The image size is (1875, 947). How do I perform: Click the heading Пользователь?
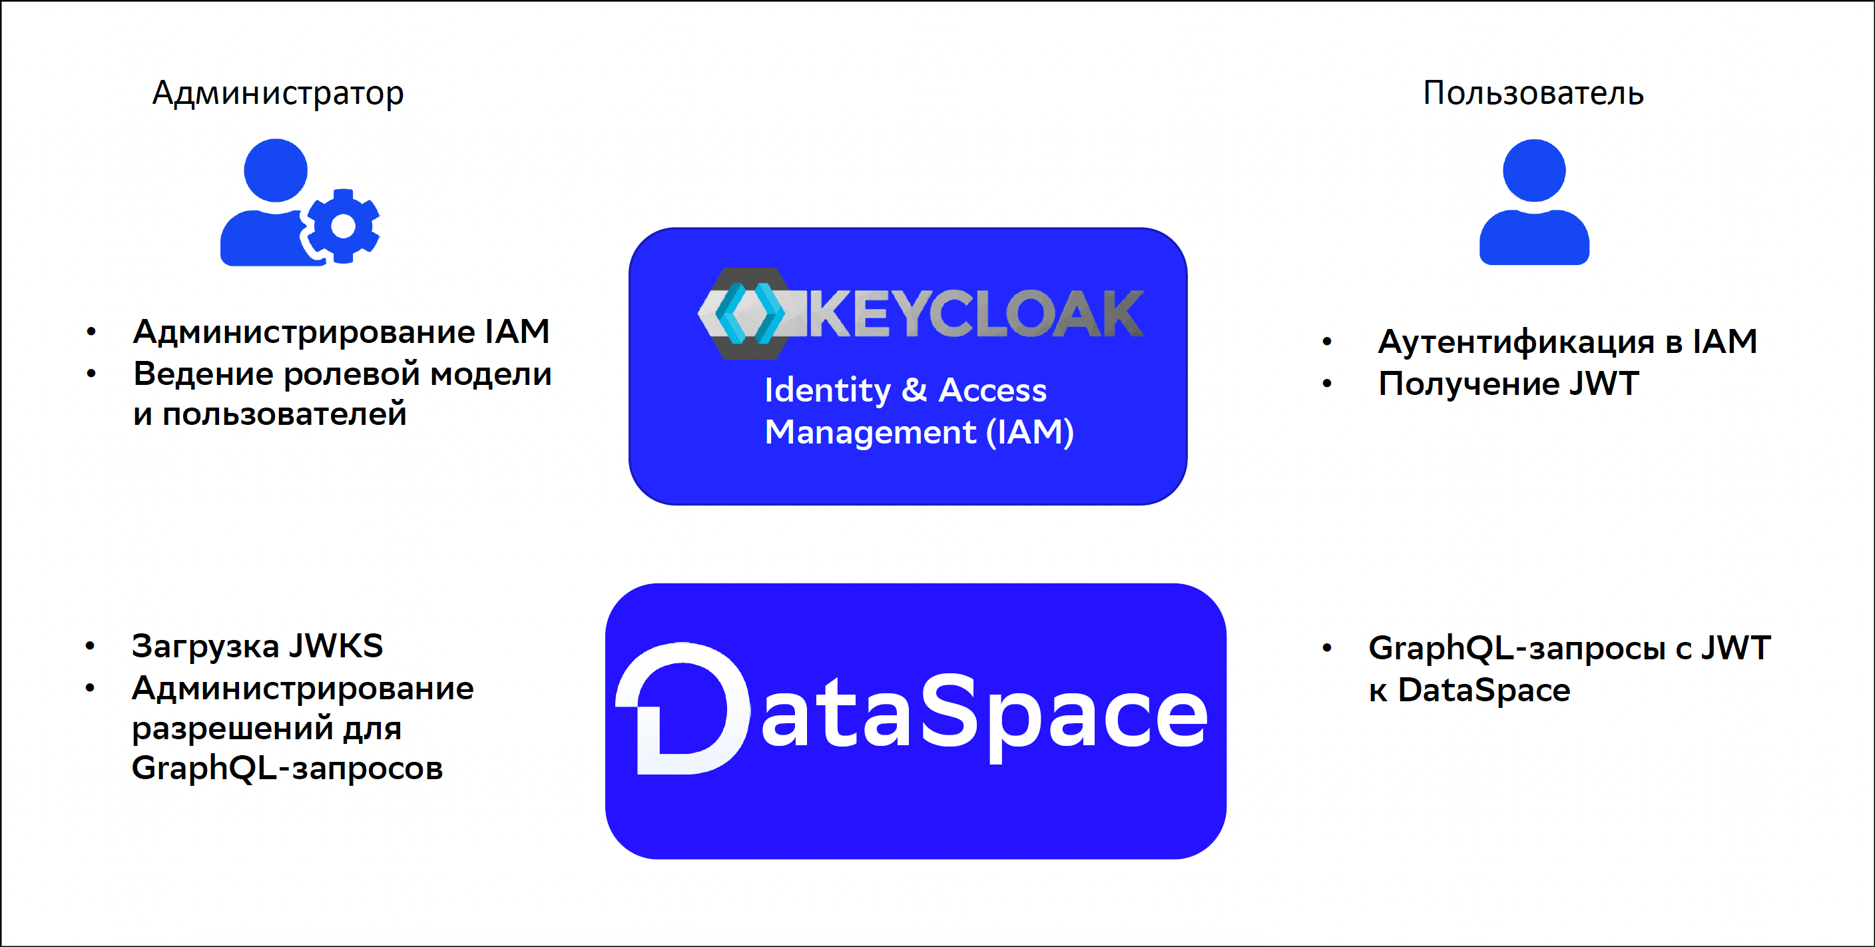1533,93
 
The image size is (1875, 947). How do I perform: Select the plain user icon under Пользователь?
1533,202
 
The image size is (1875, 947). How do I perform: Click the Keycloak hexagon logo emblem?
742,313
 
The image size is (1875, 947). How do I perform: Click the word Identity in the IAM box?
827,391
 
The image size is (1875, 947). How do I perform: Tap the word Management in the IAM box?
870,432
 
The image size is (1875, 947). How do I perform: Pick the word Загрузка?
205,647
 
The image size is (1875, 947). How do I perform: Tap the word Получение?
1468,384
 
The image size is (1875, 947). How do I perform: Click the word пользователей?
284,415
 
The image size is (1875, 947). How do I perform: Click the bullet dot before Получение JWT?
1327,384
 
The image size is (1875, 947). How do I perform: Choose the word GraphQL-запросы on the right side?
1517,649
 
